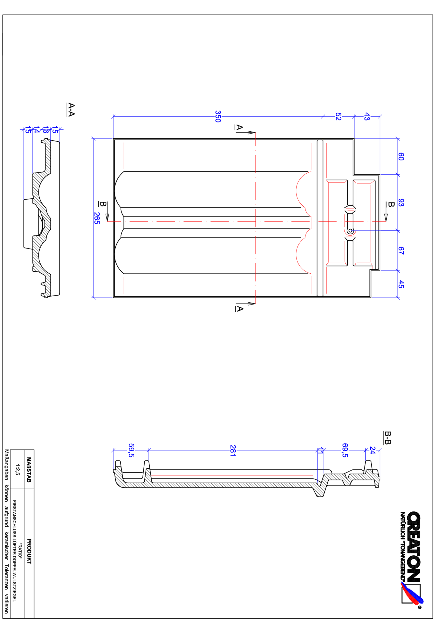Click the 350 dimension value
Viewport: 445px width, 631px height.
pyautogui.click(x=218, y=117)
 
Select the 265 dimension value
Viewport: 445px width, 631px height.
pyautogui.click(x=97, y=218)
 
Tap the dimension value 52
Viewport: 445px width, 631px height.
pyautogui.click(x=338, y=117)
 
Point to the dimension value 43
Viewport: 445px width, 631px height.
pyautogui.click(x=367, y=117)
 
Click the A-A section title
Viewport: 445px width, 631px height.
pyautogui.click(x=71, y=110)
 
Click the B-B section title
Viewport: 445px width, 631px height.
pyautogui.click(x=387, y=438)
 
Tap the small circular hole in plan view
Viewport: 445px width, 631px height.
pyautogui.click(x=350, y=231)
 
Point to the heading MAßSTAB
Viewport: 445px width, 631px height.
pyautogui.click(x=29, y=470)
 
